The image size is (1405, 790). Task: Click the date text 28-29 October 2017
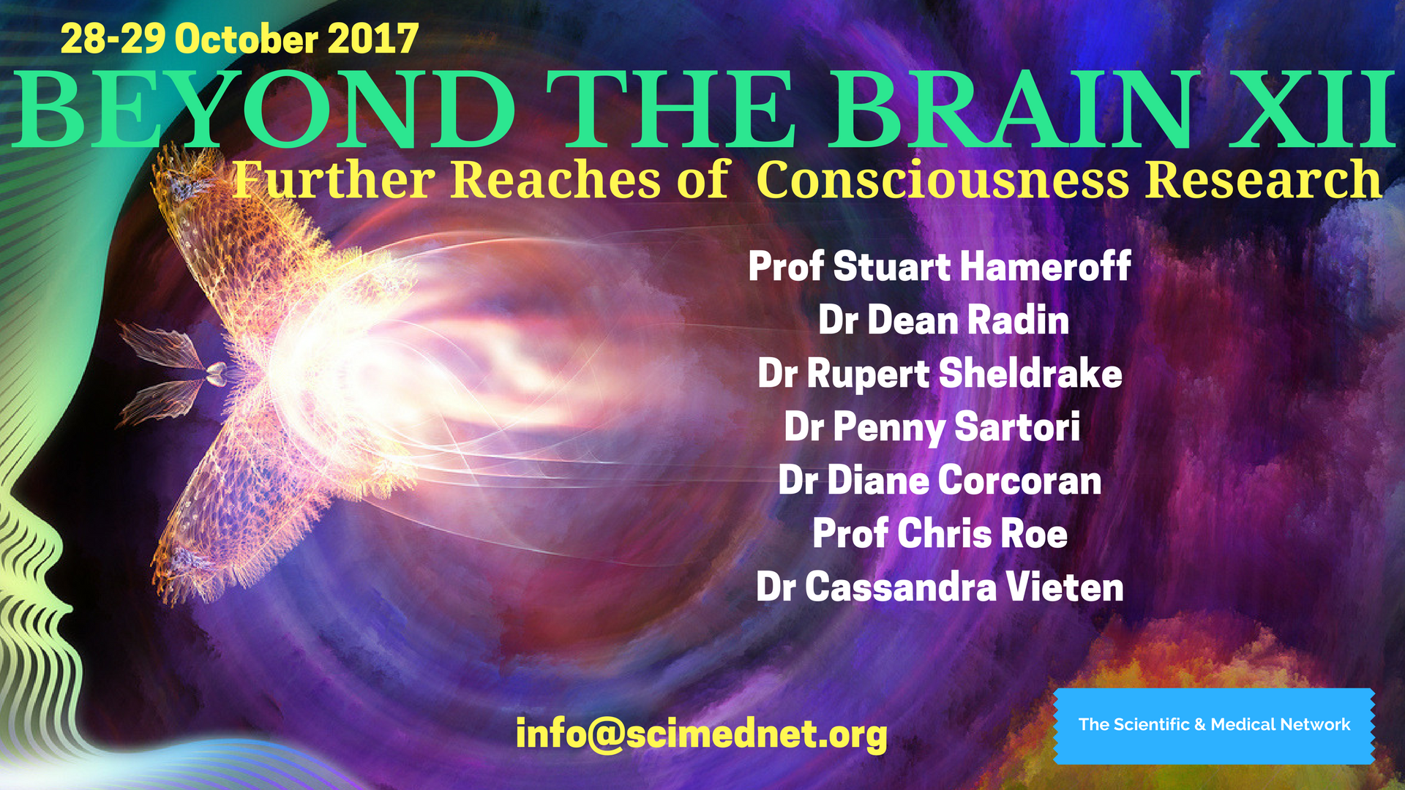coord(239,39)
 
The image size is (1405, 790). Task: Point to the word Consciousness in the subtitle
coord(943,180)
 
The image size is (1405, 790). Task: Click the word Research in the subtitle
coord(1264,180)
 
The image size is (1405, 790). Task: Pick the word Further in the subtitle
coord(334,180)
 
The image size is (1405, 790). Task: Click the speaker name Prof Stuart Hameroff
coord(940,266)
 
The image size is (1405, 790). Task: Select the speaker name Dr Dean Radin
coord(943,320)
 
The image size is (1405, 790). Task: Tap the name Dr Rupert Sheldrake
coord(940,374)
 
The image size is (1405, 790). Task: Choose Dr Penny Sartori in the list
coord(932,427)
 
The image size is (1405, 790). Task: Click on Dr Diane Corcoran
coord(940,481)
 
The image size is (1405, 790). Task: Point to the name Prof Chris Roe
coord(940,534)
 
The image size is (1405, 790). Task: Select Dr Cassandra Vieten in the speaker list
coord(940,587)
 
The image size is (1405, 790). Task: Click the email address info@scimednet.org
coord(701,734)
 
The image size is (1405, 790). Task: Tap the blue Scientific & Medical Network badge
coord(1214,726)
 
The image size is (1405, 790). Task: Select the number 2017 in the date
coord(373,39)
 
